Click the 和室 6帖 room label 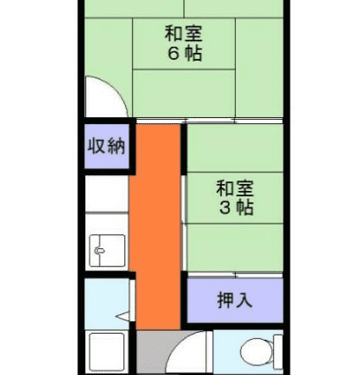(x=184, y=43)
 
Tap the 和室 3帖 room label (x=235, y=198)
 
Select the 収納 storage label (x=107, y=146)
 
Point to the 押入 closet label (x=235, y=299)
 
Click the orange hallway (x=155, y=226)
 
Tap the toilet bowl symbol (x=254, y=351)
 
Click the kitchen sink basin (x=107, y=251)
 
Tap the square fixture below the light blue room (x=107, y=351)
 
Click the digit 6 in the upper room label (x=173, y=53)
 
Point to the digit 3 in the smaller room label (x=225, y=208)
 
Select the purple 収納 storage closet (x=107, y=146)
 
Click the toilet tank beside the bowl (x=278, y=352)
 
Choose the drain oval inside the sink (x=99, y=251)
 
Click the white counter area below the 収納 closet (x=107, y=194)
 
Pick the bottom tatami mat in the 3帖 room (x=235, y=247)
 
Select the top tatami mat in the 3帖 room (x=235, y=148)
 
